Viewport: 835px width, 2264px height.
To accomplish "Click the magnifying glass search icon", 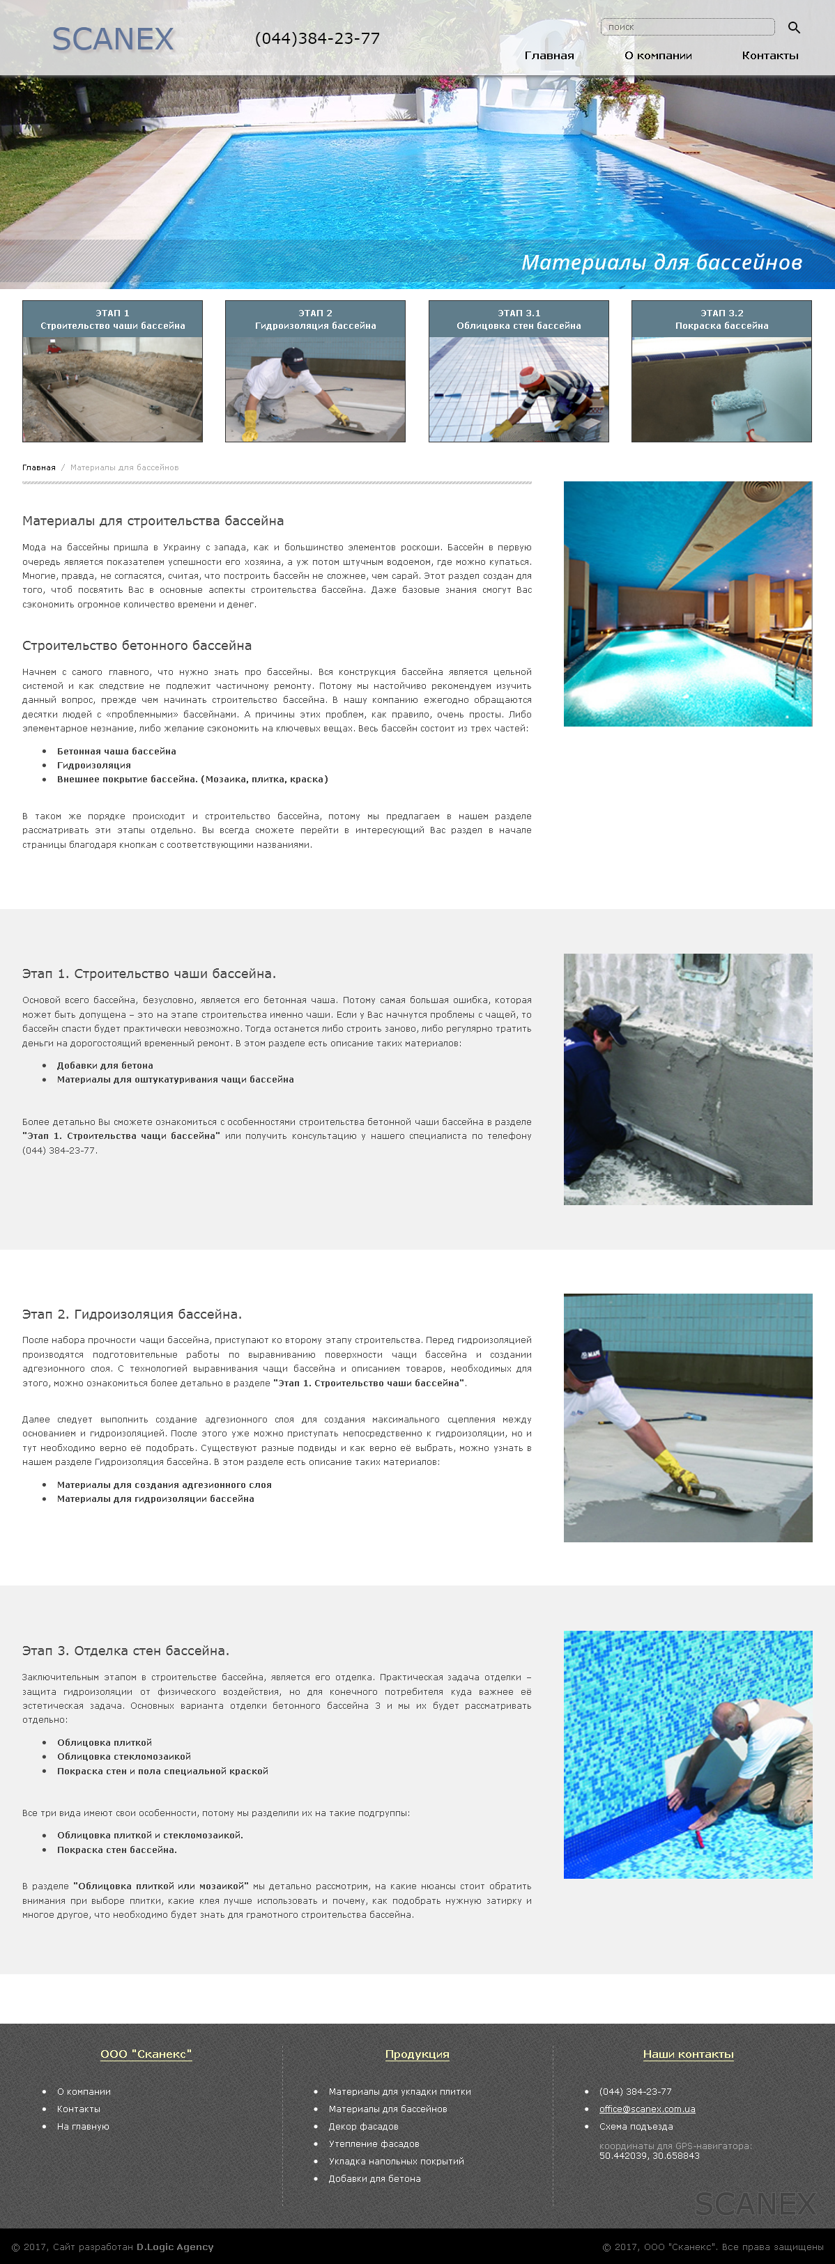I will click(794, 27).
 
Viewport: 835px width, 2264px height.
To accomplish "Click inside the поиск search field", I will click(687, 27).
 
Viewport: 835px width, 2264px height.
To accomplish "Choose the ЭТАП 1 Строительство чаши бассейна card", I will click(112, 371).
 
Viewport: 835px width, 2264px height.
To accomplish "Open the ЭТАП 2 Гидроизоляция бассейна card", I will click(316, 371).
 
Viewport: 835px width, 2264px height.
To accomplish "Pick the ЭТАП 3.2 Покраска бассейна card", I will click(721, 371).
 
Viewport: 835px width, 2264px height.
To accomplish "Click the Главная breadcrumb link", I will click(38, 467).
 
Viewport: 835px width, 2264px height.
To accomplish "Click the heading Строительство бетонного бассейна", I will click(137, 645).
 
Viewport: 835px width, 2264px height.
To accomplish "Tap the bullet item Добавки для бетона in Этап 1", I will click(105, 1065).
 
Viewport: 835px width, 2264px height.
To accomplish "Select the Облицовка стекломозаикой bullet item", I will click(124, 1756).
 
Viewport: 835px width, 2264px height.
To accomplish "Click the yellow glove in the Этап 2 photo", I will click(676, 1466).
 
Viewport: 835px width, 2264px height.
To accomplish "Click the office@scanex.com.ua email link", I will click(647, 2109).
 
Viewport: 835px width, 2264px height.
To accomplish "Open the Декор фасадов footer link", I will click(363, 2126).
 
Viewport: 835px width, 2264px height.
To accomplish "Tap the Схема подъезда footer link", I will click(636, 2126).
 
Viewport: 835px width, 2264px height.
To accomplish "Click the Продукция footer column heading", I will click(417, 2054).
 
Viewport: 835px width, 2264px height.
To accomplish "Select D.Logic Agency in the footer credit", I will click(175, 2247).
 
